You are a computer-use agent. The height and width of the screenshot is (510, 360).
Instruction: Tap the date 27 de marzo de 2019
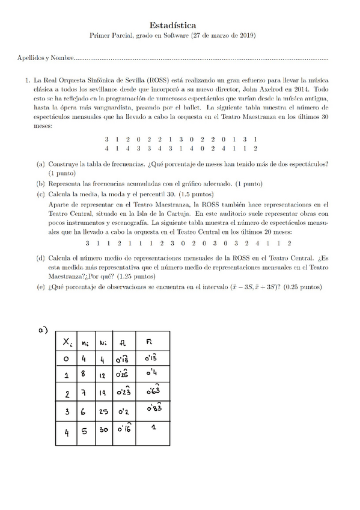tap(224, 36)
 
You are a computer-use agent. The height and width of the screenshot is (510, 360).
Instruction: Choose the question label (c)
tap(41, 194)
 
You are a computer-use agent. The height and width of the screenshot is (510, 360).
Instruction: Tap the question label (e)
tap(41, 287)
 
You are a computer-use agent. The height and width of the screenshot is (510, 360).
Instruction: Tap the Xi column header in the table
tap(66, 342)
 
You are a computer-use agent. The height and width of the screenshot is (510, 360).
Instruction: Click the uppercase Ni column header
tap(102, 342)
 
